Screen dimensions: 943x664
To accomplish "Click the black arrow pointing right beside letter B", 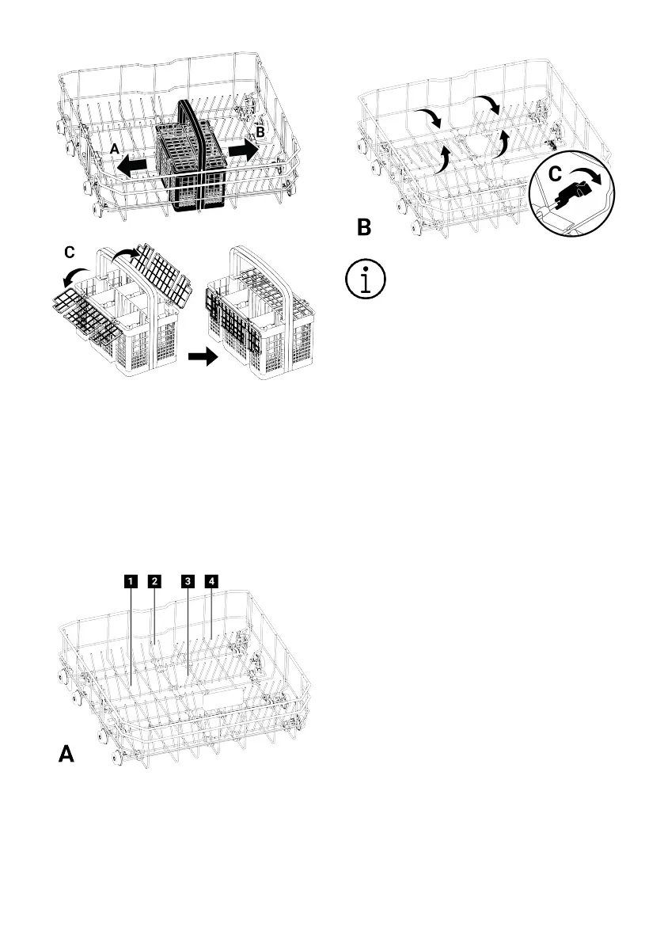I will point(242,150).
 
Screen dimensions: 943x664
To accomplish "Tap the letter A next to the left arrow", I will point(114,149).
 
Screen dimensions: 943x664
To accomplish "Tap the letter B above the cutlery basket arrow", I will point(260,132).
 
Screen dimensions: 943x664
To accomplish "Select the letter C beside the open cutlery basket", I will point(70,253).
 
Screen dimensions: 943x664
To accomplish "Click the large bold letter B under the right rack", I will point(363,228).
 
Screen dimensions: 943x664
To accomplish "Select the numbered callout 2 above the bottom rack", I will point(155,581).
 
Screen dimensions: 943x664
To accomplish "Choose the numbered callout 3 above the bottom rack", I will point(187,581).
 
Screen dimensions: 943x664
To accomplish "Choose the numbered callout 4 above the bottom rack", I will point(211,581).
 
